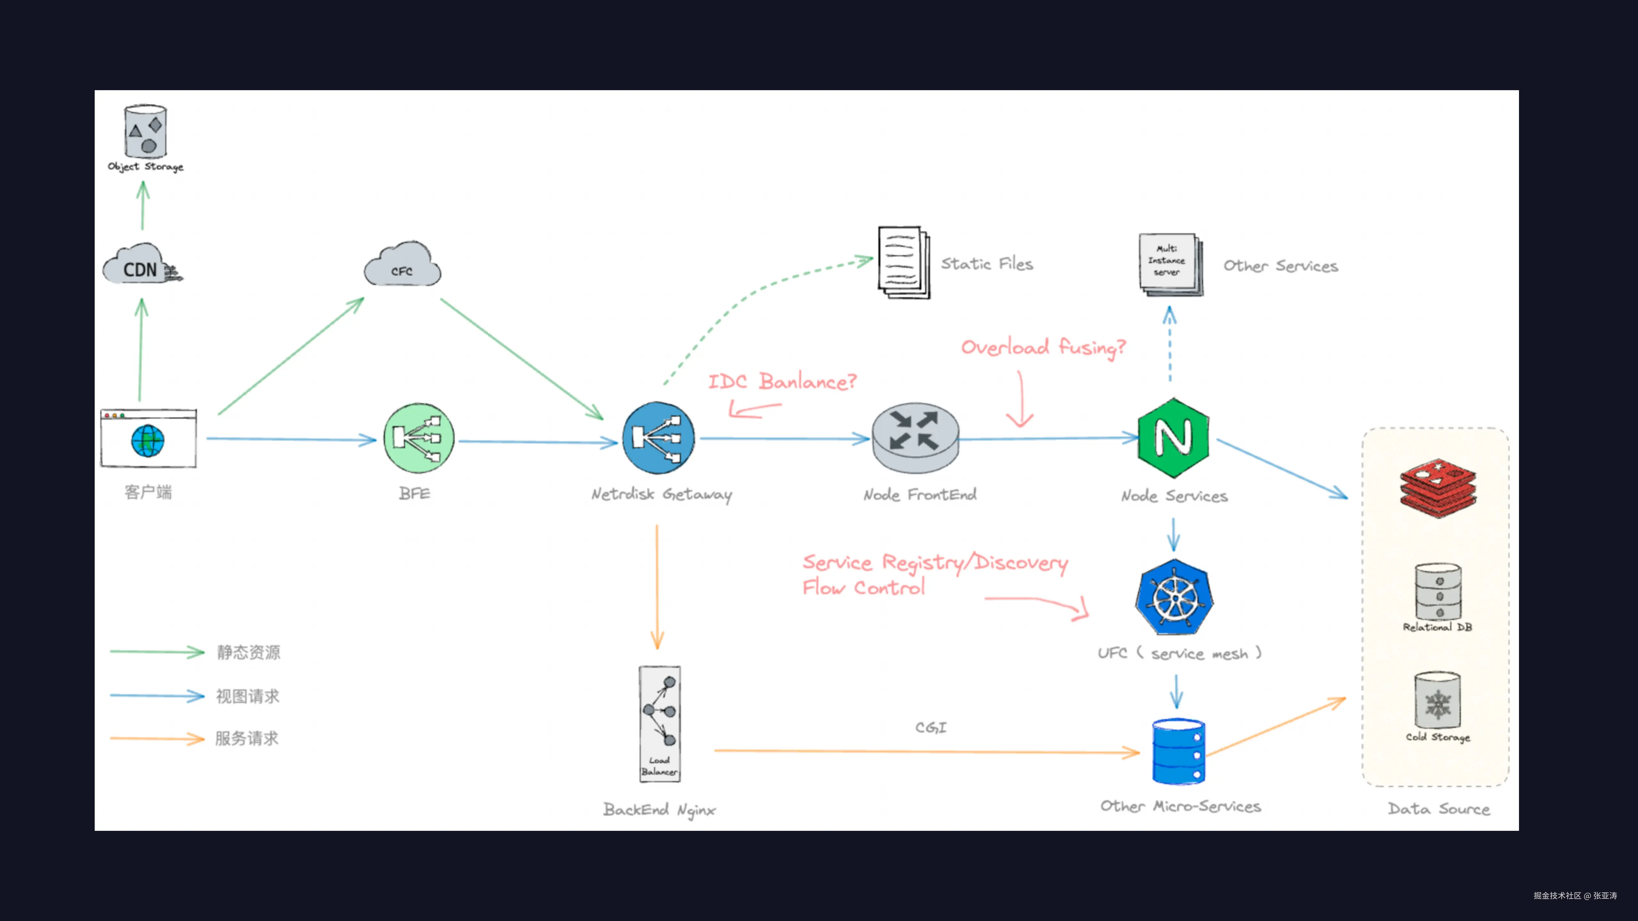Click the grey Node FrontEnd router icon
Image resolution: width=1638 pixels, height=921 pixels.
click(915, 438)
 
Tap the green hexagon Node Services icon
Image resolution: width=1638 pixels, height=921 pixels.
click(1173, 438)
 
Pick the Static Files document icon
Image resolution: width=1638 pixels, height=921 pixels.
click(903, 262)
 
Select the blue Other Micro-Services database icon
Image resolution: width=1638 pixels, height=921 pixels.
click(1178, 752)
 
